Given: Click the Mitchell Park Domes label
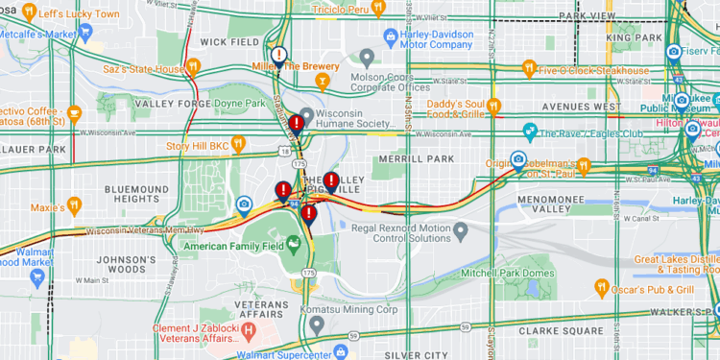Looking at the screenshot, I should [507, 274].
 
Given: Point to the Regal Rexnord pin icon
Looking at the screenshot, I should [459, 230].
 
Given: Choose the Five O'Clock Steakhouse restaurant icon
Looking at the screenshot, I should [528, 68].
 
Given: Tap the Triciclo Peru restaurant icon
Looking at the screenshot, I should [378, 9].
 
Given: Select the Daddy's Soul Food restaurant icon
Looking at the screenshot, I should [494, 107].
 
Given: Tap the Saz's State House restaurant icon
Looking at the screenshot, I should [193, 67].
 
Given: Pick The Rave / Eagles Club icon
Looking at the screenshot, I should [529, 130].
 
